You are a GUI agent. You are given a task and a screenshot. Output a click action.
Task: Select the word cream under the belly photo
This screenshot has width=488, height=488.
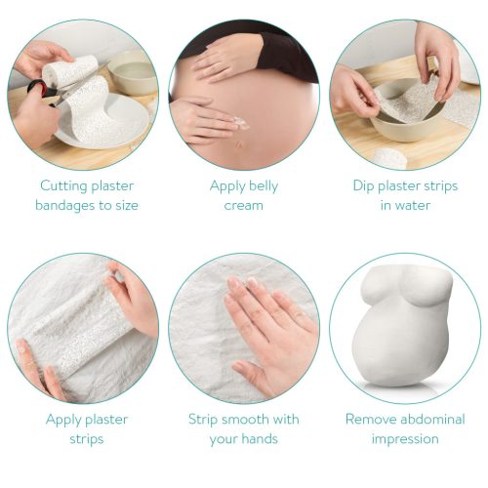coord(244,206)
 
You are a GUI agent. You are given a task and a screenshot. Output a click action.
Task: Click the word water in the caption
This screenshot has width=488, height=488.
coord(413,206)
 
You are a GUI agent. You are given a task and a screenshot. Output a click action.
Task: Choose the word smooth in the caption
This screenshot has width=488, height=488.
coord(243,420)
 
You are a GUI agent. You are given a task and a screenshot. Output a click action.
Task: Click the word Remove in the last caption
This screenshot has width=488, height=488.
coord(370,420)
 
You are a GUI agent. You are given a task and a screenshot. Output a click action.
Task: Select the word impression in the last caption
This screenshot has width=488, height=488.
coord(405,439)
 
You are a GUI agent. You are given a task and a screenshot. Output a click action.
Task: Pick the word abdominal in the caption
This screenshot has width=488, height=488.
coord(432,420)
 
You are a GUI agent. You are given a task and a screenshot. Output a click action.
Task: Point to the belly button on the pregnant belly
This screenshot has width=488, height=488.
coord(240,143)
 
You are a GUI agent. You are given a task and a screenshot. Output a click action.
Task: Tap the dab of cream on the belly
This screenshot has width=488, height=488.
coord(242,124)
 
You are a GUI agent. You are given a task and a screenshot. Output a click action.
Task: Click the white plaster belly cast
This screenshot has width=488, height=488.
coord(403,325)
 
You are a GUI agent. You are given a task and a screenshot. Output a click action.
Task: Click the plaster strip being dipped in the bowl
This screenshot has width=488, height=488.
coord(408,101)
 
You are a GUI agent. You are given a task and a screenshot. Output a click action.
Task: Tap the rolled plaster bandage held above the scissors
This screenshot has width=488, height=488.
coord(70,71)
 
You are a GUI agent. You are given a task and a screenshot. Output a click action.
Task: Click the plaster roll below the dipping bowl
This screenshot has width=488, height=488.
coord(389,158)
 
